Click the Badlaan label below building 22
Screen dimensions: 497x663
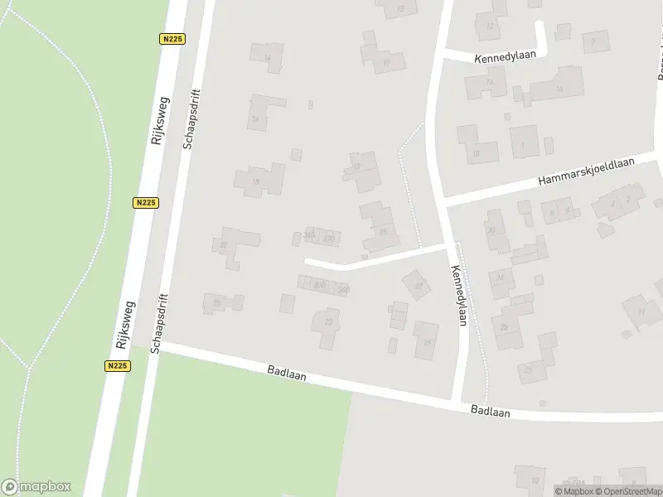point(287,374)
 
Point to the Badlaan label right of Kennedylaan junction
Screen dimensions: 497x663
point(490,410)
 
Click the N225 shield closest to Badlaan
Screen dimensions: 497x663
point(117,365)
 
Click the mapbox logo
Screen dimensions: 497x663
point(36,487)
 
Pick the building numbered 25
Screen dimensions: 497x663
point(427,340)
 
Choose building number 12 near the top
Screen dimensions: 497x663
point(489,26)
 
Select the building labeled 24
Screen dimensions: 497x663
point(501,279)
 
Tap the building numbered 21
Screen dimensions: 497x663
point(528,369)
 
